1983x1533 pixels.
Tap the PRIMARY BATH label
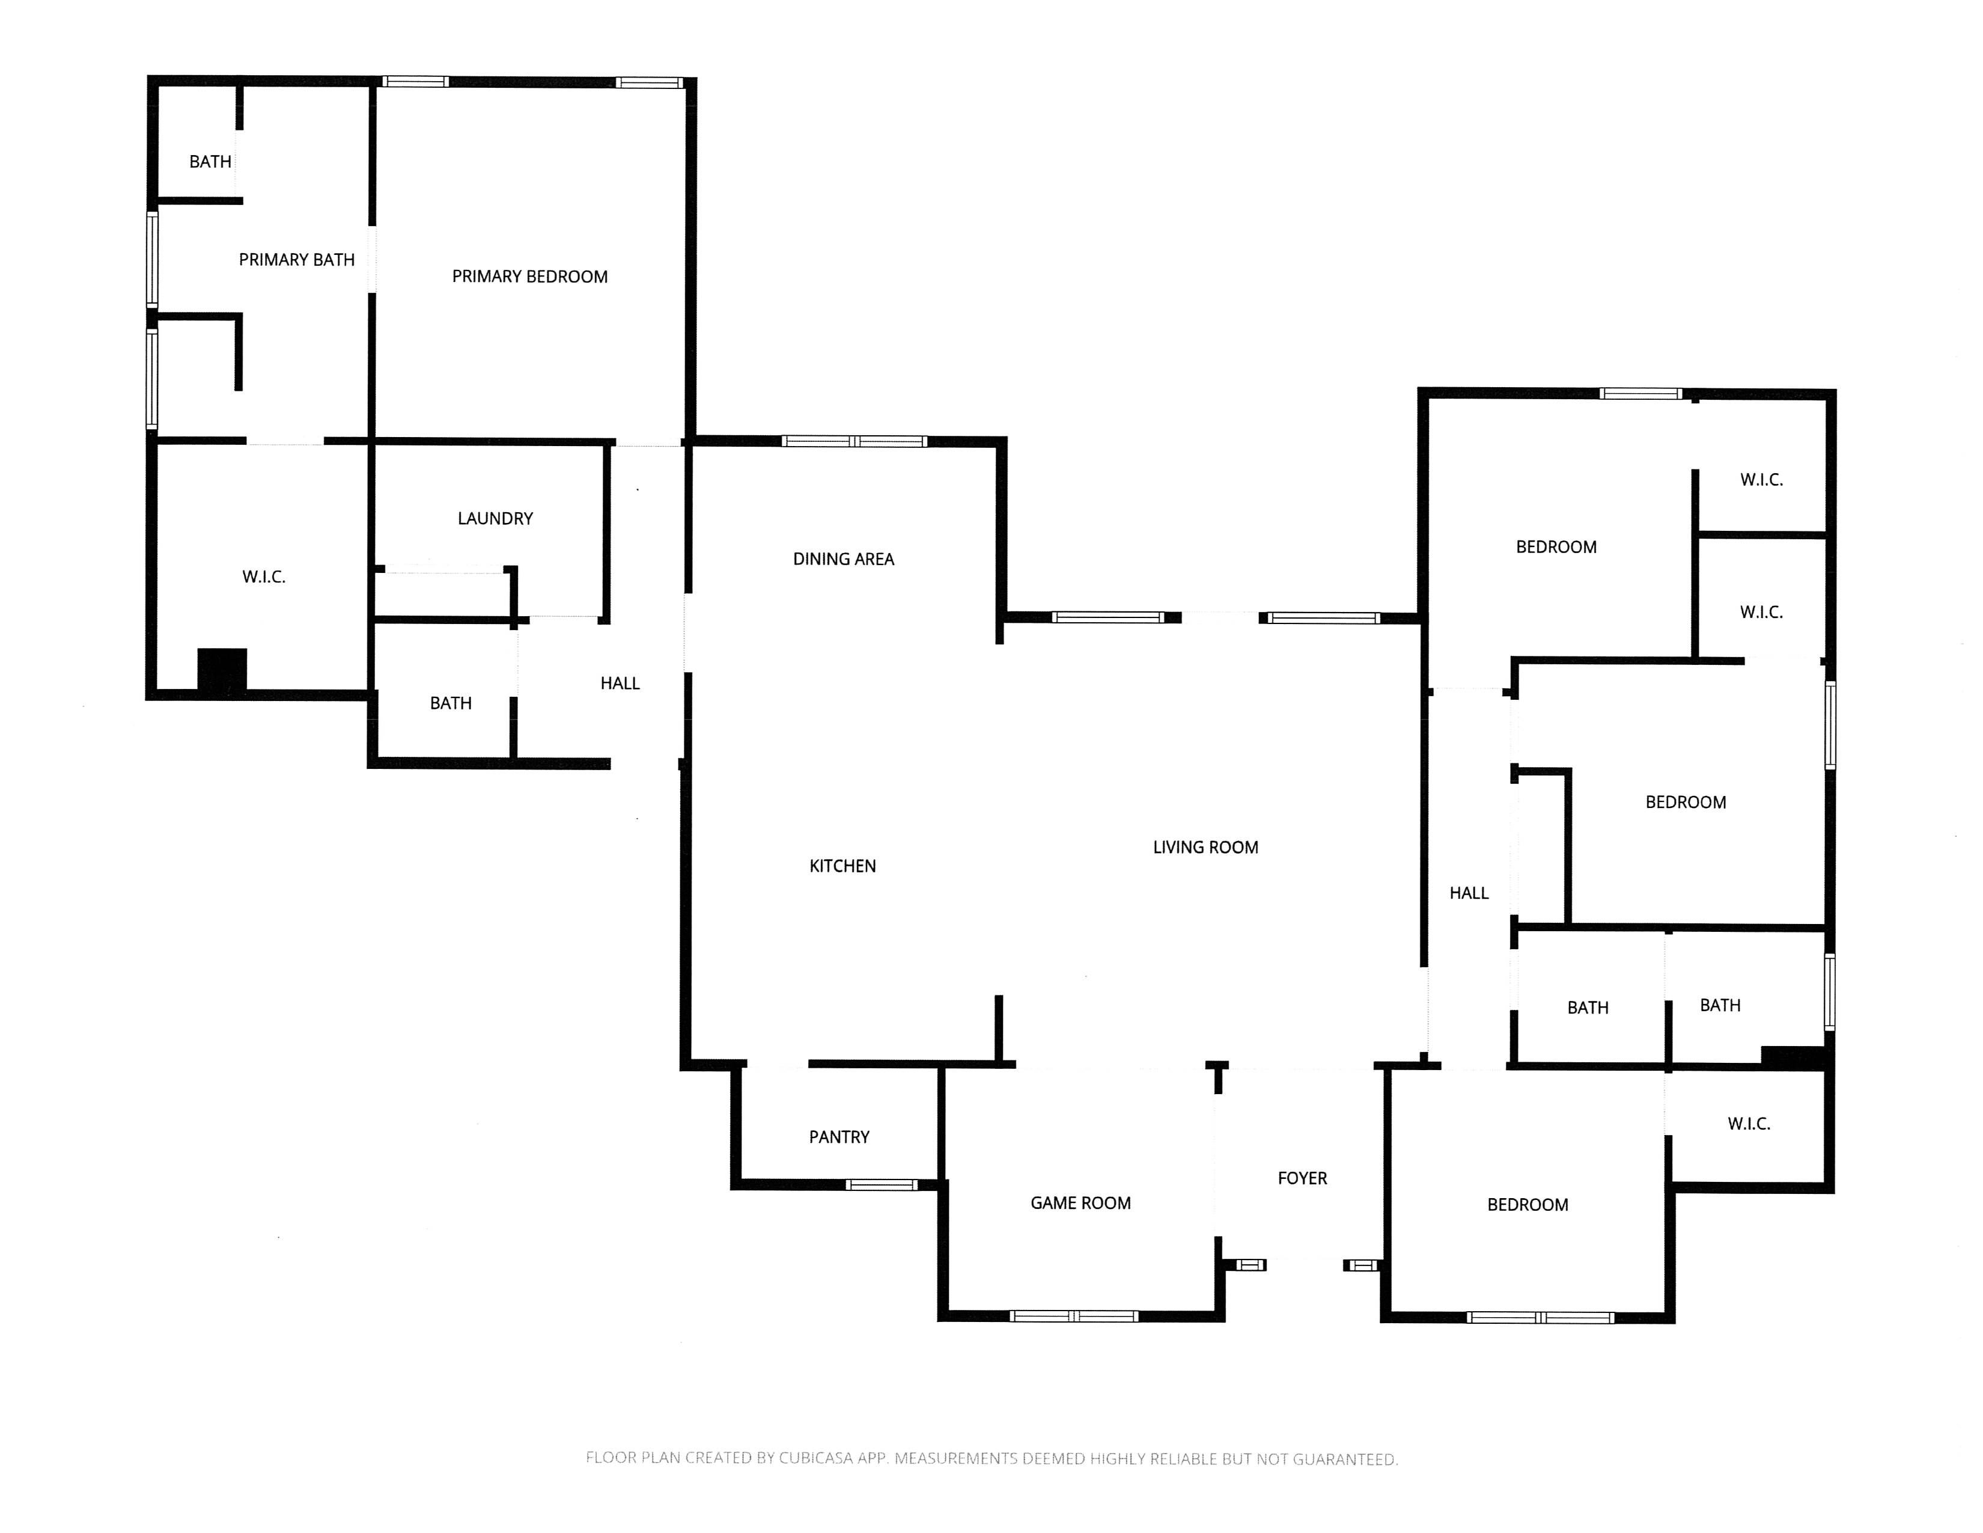click(x=296, y=260)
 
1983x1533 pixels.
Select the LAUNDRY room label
click(x=495, y=519)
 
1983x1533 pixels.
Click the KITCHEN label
click(x=842, y=866)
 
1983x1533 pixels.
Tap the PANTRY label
click(x=839, y=1137)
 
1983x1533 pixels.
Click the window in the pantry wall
click(x=881, y=1185)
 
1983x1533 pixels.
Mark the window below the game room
click(x=1074, y=1316)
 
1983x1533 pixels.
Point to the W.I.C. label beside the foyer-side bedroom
click(x=1748, y=1124)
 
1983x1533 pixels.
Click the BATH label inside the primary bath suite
click(x=210, y=162)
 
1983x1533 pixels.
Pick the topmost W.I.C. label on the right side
click(x=1761, y=480)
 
